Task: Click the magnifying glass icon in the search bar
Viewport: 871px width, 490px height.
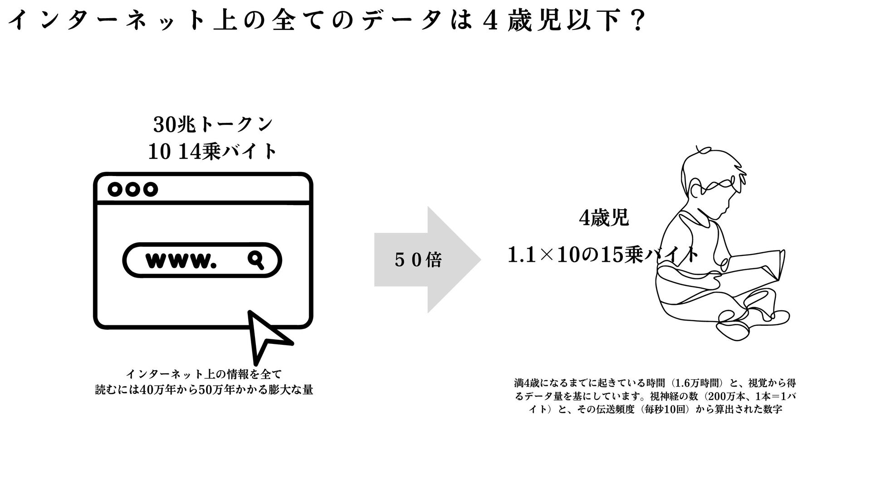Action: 256,260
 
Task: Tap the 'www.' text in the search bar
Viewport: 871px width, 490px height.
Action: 179,260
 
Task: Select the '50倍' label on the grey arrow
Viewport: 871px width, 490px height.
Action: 418,260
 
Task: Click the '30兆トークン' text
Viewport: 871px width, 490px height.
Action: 213,125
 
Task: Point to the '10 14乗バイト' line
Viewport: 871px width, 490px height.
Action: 213,152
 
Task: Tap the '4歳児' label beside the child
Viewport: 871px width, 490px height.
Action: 604,219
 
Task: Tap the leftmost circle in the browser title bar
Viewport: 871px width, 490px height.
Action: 116,189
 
